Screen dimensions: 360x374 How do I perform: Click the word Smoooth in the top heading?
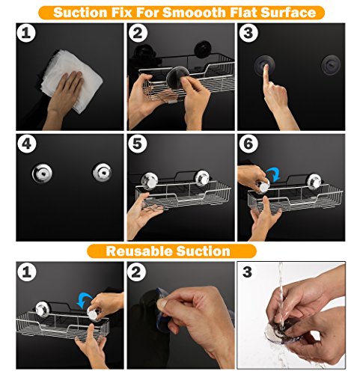click(195, 13)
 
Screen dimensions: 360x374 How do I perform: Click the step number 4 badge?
click(27, 144)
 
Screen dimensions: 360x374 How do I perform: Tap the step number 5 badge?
click(138, 144)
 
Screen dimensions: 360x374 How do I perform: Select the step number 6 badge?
click(248, 144)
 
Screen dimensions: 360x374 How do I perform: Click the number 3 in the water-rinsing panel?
click(247, 272)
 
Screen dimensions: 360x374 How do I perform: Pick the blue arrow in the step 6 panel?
click(274, 174)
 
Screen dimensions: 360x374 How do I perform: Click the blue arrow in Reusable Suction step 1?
click(84, 300)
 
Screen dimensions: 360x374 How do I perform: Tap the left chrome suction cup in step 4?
click(42, 173)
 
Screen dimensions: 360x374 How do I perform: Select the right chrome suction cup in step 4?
click(103, 172)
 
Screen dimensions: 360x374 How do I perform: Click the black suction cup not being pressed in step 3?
click(331, 64)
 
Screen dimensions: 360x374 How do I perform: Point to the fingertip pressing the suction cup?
click(266, 67)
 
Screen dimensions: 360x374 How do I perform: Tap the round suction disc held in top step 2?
click(178, 78)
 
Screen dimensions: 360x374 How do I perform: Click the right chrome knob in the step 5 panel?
click(202, 178)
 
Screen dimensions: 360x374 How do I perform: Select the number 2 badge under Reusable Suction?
click(136, 272)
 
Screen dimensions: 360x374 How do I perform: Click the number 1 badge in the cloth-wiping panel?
click(26, 33)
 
